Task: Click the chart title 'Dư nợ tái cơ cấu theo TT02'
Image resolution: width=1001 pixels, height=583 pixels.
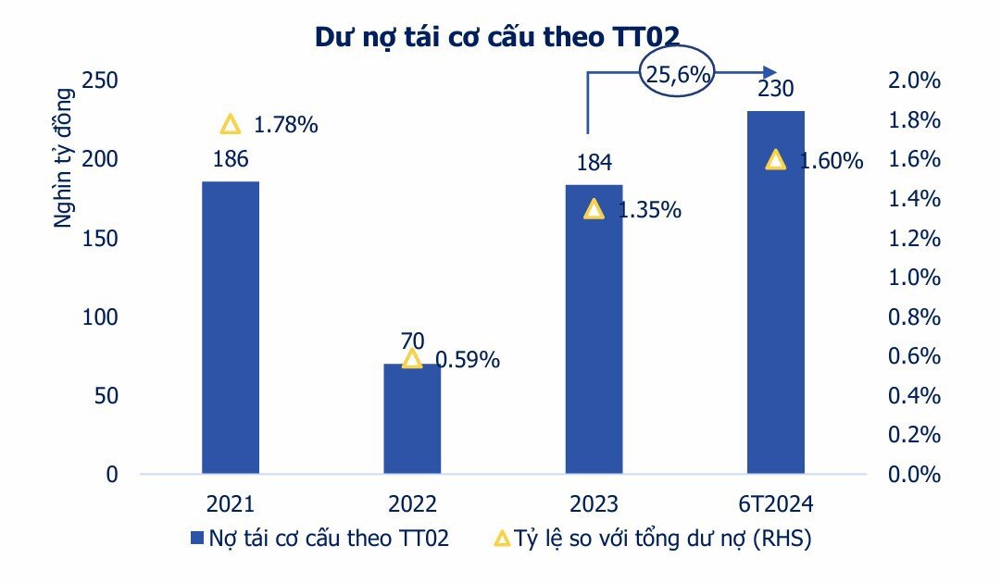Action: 497,36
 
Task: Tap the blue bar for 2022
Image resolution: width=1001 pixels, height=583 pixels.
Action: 412,418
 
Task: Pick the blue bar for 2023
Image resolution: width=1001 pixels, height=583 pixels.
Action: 594,329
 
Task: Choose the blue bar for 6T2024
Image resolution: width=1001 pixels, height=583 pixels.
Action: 775,291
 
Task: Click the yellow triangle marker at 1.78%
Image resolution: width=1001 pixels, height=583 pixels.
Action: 231,125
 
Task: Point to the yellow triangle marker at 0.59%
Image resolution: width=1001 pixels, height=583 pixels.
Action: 412,359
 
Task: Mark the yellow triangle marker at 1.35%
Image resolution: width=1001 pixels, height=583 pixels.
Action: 594,209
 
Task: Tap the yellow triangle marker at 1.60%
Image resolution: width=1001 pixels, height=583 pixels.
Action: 776,160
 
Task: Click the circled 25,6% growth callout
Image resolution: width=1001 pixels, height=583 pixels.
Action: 678,73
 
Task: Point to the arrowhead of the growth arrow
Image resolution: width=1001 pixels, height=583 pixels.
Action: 770,72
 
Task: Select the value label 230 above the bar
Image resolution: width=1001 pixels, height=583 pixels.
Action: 775,90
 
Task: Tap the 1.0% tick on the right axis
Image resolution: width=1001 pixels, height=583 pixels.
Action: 915,278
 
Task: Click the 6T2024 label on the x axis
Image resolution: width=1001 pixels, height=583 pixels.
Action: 775,504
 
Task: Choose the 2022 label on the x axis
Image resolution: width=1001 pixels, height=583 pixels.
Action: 412,504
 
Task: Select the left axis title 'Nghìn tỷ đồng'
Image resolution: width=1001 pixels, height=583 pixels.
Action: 62,157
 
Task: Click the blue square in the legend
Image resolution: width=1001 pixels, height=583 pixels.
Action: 195,539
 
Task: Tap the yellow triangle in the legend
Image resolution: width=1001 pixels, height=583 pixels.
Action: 500,538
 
